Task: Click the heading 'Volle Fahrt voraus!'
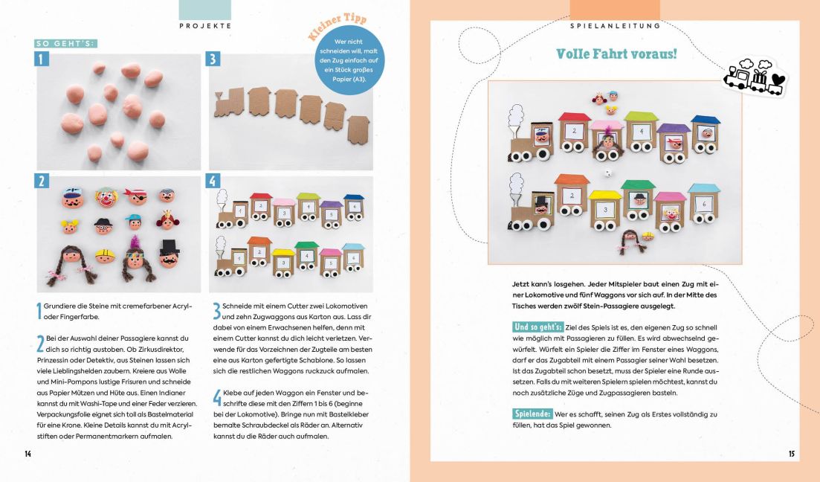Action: [616, 54]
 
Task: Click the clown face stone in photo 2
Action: [106, 197]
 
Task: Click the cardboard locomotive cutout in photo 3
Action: [229, 105]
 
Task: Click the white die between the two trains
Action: [607, 173]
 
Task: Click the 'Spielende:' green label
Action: [532, 413]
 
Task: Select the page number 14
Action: [28, 454]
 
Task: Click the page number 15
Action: [792, 454]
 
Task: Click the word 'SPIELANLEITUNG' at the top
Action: [615, 25]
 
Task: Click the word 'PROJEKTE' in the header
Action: [205, 25]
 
